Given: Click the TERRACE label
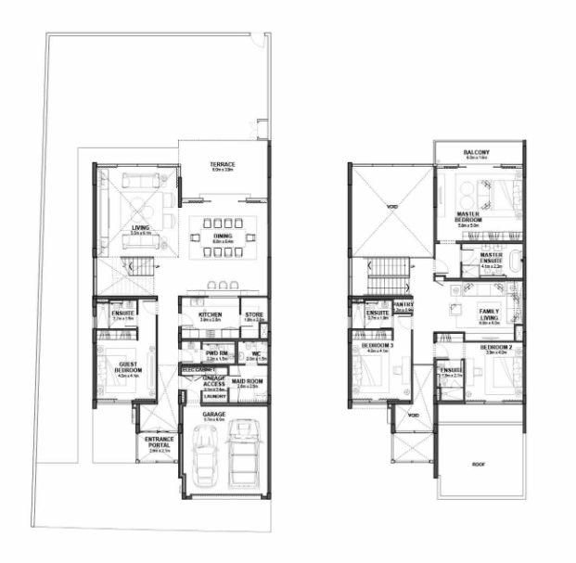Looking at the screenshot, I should coord(222,164).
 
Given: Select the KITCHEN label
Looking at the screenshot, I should coord(211,315).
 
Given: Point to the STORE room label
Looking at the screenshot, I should coord(254,315).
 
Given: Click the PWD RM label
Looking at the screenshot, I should coord(217,353).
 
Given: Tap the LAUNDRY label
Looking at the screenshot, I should coord(213,396).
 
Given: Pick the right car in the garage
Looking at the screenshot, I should coord(243,451).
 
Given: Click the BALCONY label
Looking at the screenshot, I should coord(478,151).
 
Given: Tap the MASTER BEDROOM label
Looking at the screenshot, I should coord(475,217).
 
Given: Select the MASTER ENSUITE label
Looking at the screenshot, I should coord(492,259).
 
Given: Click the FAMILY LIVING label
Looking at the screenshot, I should coord(489,313).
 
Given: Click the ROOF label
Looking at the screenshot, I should coord(479,463).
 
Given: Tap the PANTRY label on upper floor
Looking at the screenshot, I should coord(403,302).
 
